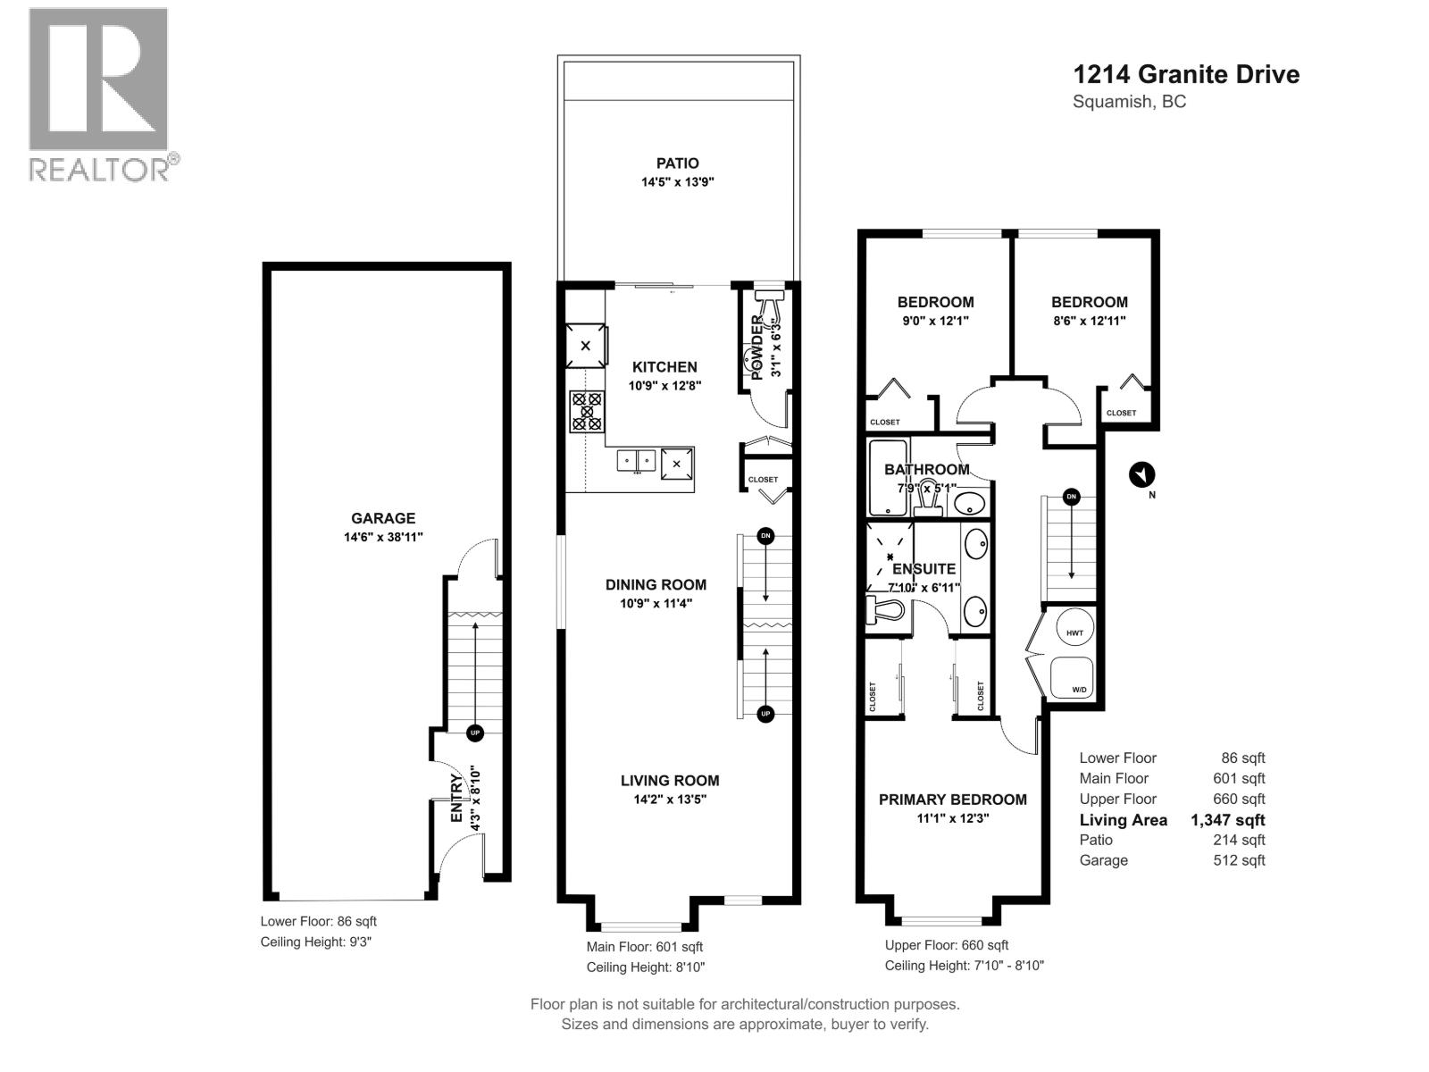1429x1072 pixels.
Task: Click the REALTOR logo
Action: point(98,94)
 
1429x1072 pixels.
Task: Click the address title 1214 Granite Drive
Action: point(1185,74)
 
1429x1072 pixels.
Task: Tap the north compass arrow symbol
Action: point(1141,474)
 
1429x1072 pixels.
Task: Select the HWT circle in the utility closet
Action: point(1074,632)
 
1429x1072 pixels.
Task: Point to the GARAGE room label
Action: point(383,518)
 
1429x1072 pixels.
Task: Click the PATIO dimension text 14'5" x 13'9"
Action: point(678,182)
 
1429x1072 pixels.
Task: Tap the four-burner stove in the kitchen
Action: point(587,412)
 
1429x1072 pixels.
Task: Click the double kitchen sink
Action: point(636,461)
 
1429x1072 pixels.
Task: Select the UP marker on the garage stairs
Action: point(474,733)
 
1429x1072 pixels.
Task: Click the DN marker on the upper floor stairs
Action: point(1071,497)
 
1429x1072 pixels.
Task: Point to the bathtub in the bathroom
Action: point(888,478)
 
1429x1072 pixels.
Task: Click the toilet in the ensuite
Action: point(886,610)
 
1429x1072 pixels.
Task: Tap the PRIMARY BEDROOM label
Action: point(952,800)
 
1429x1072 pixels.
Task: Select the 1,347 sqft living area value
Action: point(1227,820)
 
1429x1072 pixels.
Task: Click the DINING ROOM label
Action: point(656,585)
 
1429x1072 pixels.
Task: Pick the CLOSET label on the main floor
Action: point(763,480)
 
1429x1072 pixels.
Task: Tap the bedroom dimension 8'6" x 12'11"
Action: point(1089,321)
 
